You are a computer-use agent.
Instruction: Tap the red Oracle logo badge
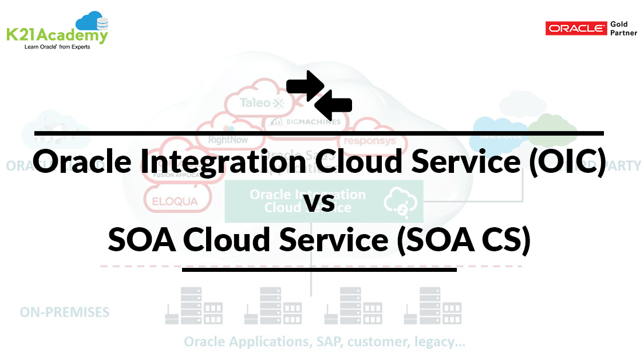(x=576, y=28)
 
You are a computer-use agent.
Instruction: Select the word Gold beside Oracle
(x=619, y=24)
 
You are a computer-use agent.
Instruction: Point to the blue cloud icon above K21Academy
(x=92, y=21)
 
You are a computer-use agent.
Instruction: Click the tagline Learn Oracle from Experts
(x=57, y=47)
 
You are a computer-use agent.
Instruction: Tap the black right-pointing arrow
(x=305, y=84)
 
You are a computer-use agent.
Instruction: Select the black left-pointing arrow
(x=333, y=104)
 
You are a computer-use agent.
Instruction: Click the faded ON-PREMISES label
(x=65, y=312)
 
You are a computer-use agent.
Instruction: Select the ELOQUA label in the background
(x=175, y=201)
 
